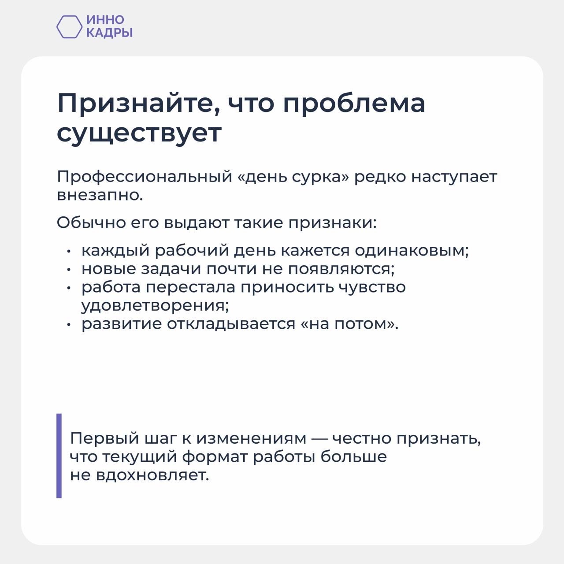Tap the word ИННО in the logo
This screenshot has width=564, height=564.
click(105, 20)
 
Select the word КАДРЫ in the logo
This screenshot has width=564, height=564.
click(109, 33)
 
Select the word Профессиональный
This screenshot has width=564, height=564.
click(145, 177)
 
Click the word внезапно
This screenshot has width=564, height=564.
click(100, 195)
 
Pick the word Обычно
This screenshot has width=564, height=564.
click(91, 223)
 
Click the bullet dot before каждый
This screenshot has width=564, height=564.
click(69, 251)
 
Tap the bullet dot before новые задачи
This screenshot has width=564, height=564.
click(69, 269)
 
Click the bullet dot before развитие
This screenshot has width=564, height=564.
click(69, 324)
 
